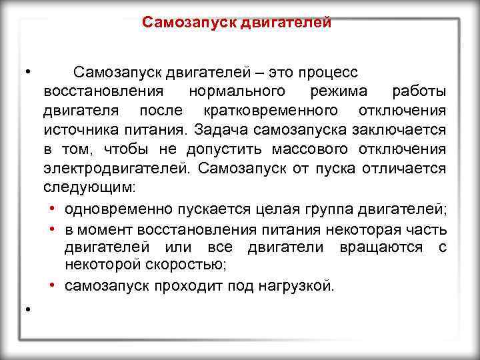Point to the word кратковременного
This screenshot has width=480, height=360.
[x=270, y=109]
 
